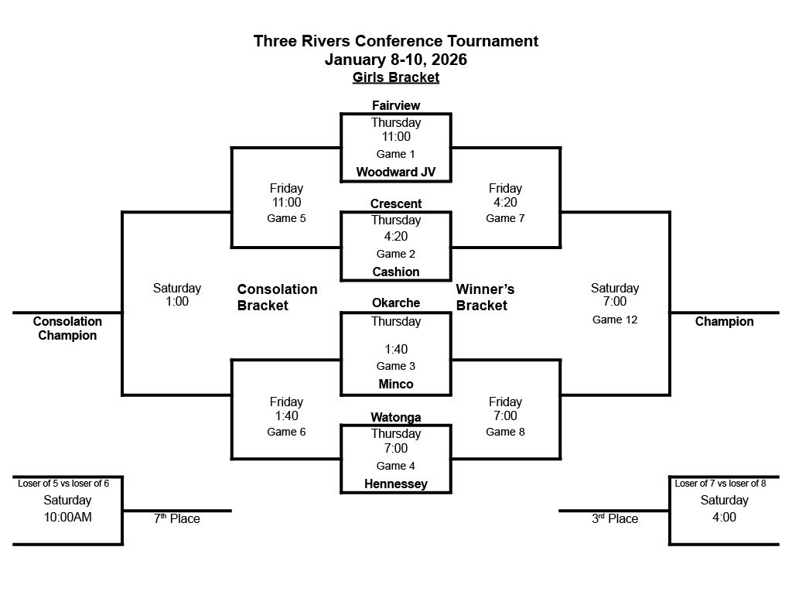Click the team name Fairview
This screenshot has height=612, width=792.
(395, 105)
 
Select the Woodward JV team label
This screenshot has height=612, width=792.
(395, 173)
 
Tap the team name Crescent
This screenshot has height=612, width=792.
(395, 204)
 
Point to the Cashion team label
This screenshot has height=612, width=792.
(395, 272)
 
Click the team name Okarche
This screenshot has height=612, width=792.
(395, 303)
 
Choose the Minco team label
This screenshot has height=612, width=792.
(395, 384)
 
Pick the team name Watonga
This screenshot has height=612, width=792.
(395, 418)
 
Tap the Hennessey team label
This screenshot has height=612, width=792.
(395, 484)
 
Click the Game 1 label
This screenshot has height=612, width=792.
(395, 154)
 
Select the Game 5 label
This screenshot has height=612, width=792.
(286, 218)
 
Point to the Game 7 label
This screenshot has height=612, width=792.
(505, 218)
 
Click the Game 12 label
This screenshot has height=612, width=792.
(615, 319)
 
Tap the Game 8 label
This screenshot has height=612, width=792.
(505, 432)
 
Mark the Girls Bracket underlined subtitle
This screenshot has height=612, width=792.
(395, 77)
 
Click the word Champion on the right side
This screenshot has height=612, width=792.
(724, 322)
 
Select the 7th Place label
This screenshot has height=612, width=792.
(176, 518)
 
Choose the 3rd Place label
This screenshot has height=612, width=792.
(615, 518)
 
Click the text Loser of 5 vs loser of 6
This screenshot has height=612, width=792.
(63, 484)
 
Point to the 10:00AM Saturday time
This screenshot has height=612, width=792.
(67, 517)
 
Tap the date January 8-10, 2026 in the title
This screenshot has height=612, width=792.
(395, 60)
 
